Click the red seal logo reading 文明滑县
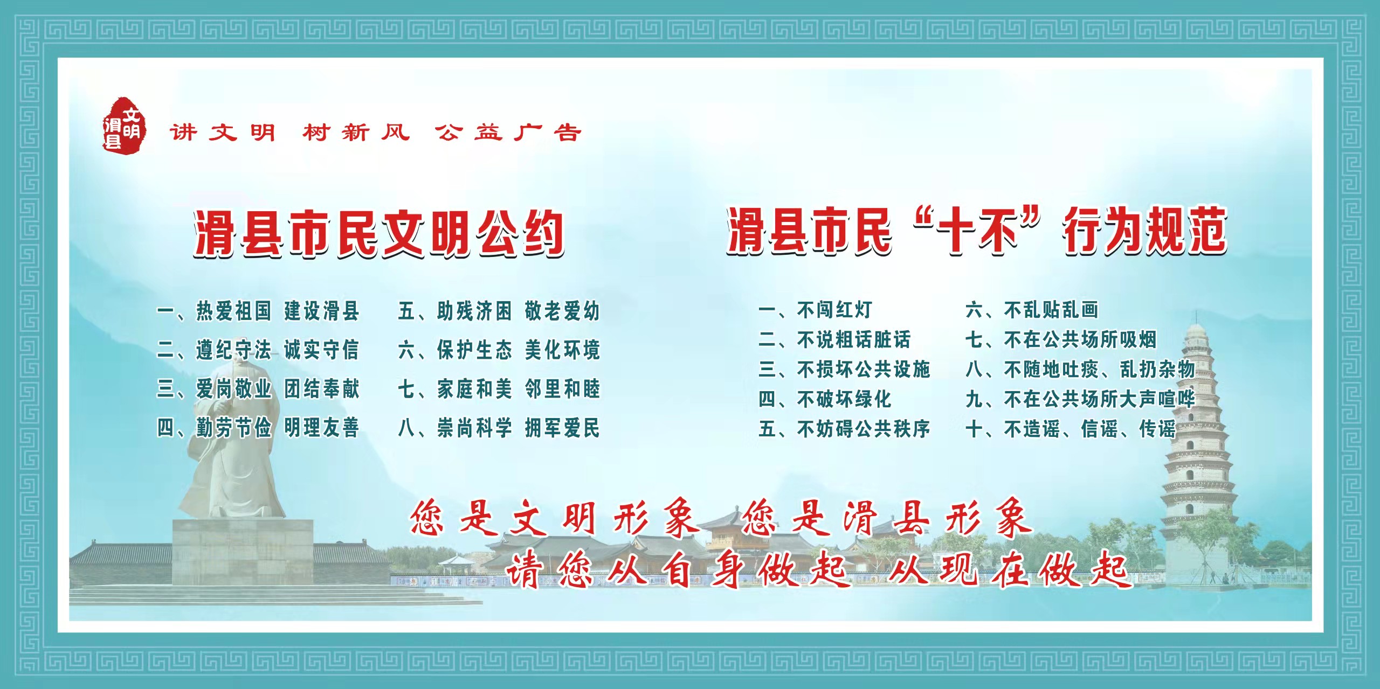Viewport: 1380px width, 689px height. click(x=123, y=124)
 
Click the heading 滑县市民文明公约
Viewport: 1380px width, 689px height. click(x=379, y=233)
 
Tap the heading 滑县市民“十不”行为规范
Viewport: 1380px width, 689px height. click(x=976, y=231)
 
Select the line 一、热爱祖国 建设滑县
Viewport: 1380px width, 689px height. click(x=258, y=311)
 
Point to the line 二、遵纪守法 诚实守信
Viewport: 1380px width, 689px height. click(x=258, y=350)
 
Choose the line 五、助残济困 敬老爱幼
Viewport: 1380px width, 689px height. click(x=499, y=311)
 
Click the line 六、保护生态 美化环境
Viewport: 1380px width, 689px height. click(x=499, y=350)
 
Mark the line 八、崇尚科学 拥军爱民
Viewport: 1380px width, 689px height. click(x=499, y=428)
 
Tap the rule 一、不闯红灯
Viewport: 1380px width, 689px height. click(x=815, y=310)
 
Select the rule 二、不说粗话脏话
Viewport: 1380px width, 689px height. click(x=834, y=339)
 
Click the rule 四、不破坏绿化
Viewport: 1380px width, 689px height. click(x=825, y=399)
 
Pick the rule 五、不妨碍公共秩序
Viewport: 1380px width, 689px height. click(x=844, y=429)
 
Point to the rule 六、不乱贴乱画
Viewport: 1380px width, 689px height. click(x=1032, y=310)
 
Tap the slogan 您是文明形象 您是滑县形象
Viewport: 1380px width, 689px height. click(x=721, y=518)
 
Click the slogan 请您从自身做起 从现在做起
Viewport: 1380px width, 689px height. click(x=817, y=570)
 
